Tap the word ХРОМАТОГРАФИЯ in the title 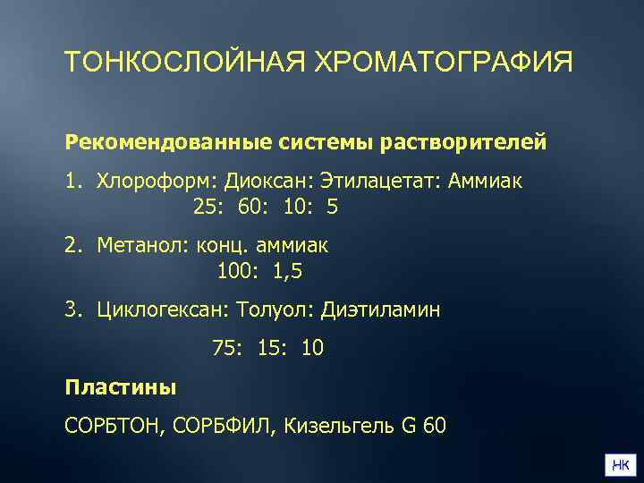(x=444, y=64)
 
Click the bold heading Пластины (x=121, y=387)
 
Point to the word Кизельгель (x=341, y=426)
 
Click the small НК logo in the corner (x=621, y=463)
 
